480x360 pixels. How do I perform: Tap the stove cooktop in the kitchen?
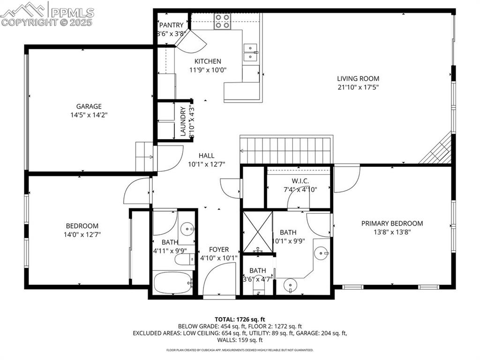223,21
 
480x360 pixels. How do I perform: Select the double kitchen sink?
251,52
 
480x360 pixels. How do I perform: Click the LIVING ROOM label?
358,79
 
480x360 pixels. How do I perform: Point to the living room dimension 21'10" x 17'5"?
358,87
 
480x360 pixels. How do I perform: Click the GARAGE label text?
89,106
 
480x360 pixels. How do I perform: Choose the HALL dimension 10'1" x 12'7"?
207,164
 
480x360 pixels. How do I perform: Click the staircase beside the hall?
286,150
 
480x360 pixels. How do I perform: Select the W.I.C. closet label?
300,181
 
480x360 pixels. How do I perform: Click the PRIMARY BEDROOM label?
392,224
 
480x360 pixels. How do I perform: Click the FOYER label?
219,249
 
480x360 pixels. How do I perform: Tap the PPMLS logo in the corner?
47,13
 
